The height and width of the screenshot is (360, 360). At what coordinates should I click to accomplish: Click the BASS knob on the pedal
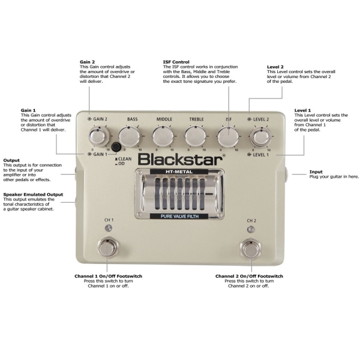point(129,137)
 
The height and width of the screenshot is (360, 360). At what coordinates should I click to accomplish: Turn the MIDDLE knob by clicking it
point(163,137)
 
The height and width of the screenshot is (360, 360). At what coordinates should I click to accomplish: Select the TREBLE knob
point(196,137)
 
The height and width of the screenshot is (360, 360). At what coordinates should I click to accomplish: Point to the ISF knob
point(228,137)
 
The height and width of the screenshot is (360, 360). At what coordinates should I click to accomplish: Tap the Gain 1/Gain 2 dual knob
point(98,137)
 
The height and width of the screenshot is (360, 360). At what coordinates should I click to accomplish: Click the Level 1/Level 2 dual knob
point(261,137)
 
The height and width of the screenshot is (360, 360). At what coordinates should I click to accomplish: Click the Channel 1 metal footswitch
point(107,248)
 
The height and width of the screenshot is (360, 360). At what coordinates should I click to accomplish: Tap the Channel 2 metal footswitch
point(250,248)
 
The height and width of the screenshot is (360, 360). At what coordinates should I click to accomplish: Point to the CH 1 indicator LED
point(109,228)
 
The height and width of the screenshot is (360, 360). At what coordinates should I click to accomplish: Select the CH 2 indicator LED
point(251,229)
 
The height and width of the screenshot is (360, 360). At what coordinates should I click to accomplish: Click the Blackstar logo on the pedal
point(181,160)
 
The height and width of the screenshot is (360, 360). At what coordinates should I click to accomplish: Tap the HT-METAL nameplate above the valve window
point(179,172)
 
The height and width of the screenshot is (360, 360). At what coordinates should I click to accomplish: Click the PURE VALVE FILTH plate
point(179,216)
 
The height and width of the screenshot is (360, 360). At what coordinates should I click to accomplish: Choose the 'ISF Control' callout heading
point(176,62)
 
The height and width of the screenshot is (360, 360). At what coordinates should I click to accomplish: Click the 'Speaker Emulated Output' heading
point(33,194)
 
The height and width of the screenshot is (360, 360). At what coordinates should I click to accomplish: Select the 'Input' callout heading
point(316,172)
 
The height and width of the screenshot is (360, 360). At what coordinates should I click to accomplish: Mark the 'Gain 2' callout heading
point(87,62)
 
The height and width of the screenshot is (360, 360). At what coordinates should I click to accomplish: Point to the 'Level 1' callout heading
point(302,110)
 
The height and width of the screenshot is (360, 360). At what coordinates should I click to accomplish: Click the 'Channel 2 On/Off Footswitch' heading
point(249,276)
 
